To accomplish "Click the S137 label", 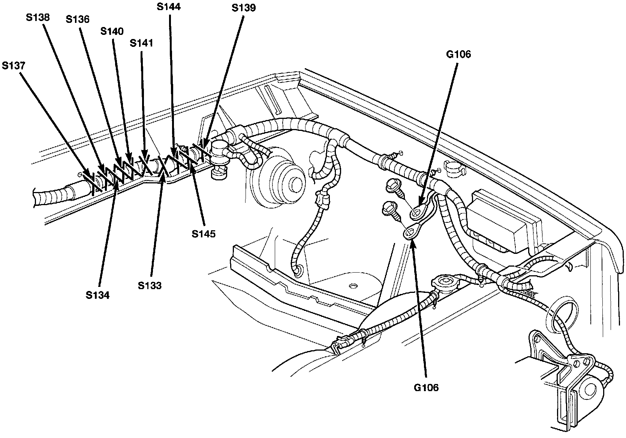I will coord(13,65).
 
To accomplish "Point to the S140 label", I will coord(112,31).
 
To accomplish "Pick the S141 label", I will coord(141,43).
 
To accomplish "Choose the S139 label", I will coord(244,7).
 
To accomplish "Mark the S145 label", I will coord(204,234).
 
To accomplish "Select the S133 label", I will coord(149,285).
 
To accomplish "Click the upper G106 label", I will coord(458,54).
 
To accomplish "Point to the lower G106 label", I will coord(426,387).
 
